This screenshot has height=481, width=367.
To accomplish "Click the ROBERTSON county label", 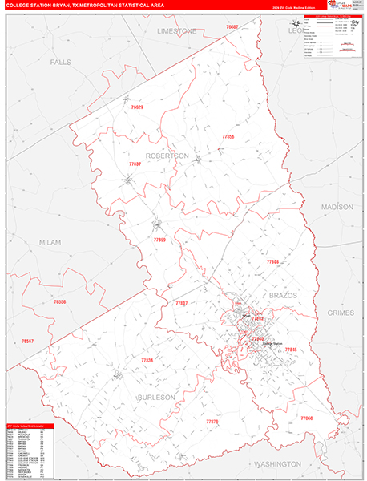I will [x=167, y=155].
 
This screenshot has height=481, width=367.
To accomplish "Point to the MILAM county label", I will [x=50, y=241].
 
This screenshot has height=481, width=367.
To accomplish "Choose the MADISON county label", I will [x=337, y=207].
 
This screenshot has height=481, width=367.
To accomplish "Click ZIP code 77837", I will [x=135, y=164].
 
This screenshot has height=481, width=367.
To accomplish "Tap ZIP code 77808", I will [x=272, y=261].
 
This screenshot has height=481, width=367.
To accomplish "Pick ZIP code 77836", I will [x=147, y=360].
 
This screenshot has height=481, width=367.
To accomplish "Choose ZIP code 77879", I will [x=212, y=421].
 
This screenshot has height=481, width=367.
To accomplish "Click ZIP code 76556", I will [x=60, y=301].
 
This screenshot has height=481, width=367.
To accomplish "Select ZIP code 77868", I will [x=308, y=418].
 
